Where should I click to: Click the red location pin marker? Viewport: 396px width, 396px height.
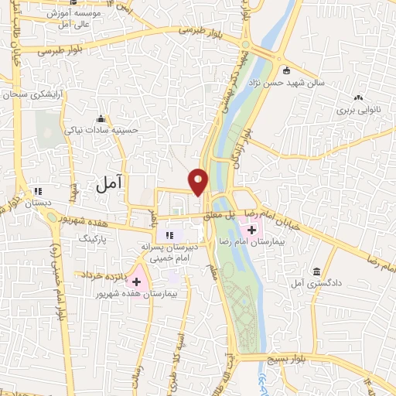(199, 182)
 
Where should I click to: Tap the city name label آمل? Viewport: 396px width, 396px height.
(112, 183)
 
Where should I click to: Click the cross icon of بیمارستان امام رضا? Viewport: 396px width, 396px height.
(252, 229)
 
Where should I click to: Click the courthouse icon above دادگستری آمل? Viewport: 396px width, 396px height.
(317, 272)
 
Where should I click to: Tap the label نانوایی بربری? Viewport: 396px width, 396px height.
(355, 111)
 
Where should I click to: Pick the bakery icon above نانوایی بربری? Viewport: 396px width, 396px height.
(358, 98)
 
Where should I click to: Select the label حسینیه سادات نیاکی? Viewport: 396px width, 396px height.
(101, 131)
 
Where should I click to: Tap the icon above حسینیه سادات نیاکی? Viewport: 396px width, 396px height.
(101, 118)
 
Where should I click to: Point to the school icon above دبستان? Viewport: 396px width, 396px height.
(37, 191)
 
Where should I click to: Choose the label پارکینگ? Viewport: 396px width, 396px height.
(97, 241)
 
